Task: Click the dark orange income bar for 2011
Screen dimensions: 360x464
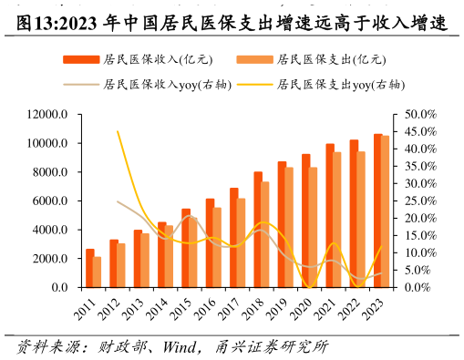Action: (x=90, y=268)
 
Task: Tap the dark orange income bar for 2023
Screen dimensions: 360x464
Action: (x=377, y=211)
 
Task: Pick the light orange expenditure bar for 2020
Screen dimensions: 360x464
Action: (x=314, y=227)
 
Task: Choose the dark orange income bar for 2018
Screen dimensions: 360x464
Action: (x=258, y=229)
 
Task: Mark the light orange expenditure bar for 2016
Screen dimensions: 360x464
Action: (x=217, y=247)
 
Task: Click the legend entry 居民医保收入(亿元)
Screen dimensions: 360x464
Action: (x=137, y=60)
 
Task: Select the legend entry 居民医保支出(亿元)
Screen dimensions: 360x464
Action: (x=310, y=60)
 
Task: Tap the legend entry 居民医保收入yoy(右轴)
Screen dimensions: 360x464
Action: (x=146, y=84)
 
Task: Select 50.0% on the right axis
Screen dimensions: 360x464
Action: (x=420, y=115)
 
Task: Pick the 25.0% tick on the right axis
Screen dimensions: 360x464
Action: (x=420, y=201)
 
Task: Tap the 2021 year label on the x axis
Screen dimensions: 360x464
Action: (x=324, y=309)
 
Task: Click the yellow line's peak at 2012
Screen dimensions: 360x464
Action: (x=118, y=131)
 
